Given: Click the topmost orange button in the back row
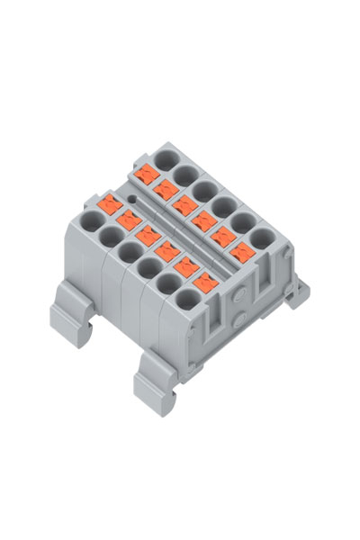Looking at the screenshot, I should click(143, 173).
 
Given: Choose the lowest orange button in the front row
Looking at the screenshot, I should click(203, 281).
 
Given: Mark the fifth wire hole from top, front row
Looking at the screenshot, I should click(168, 281).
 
